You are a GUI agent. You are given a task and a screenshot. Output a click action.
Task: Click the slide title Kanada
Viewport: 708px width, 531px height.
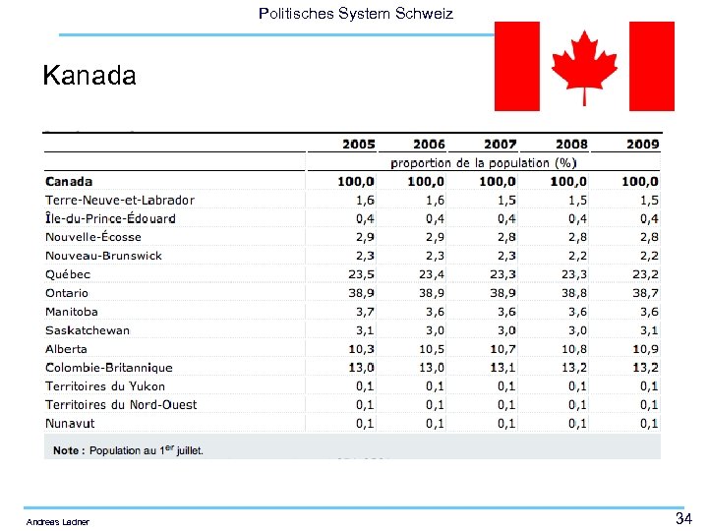89,76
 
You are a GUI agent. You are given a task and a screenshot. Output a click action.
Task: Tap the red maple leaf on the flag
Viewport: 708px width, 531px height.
584,65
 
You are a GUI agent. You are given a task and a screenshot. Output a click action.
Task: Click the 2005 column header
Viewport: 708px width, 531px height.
358,145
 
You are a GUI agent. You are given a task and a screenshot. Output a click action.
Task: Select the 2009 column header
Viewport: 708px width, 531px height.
642,145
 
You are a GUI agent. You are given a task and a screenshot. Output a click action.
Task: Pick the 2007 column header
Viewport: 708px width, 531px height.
500,145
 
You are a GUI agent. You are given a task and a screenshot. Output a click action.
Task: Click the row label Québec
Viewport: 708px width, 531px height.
68,274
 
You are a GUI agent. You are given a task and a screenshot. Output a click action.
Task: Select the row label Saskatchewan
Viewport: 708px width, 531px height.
88,330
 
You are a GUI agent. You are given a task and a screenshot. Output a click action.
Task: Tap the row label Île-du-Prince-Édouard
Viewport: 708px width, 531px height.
111,218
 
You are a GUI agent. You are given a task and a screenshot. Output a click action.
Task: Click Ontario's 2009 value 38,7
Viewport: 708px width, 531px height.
642,293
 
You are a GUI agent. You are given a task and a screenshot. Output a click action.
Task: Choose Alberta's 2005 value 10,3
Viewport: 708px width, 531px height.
359,349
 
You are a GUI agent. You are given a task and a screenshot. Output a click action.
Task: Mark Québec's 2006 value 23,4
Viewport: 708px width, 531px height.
430,274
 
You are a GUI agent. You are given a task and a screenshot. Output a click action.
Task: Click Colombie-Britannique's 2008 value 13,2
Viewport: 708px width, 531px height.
571,368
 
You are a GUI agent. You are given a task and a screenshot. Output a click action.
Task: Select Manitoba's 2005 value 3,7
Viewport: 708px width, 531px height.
363,312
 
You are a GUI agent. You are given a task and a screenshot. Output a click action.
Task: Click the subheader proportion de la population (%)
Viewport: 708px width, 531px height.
484,163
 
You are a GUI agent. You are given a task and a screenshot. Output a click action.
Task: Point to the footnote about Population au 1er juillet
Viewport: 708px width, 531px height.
129,450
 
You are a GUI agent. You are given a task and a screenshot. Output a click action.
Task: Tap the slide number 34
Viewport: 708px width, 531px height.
684,518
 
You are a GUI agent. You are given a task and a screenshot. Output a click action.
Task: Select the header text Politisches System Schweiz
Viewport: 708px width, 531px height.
355,14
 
